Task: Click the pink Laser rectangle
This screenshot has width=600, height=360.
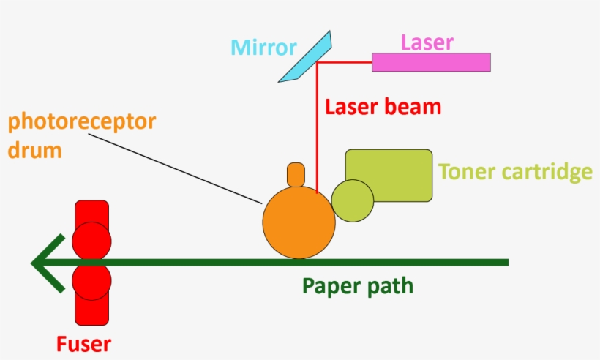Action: (431, 62)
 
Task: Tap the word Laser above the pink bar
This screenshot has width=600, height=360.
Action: (427, 42)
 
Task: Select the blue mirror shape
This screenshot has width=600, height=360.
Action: (306, 56)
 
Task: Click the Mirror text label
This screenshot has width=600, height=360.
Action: (263, 48)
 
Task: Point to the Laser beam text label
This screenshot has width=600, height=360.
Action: (383, 107)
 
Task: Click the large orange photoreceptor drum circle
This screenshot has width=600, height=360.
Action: (299, 222)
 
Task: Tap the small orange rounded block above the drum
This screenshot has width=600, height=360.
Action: (296, 174)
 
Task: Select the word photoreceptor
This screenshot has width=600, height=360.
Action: (81, 121)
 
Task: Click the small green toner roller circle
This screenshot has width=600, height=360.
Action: (353, 200)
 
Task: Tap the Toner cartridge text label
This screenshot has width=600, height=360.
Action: (514, 173)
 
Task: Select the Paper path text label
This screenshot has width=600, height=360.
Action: (358, 285)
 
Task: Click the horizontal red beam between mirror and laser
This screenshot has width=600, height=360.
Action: (344, 63)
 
